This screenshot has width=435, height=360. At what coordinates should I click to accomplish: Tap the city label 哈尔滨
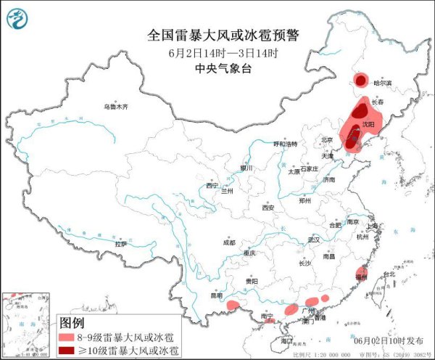tap(381, 83)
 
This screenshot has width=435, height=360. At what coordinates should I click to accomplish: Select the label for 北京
tap(327, 140)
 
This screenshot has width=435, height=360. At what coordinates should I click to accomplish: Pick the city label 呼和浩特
tap(285, 144)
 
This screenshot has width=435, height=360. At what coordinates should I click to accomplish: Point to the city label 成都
tap(229, 243)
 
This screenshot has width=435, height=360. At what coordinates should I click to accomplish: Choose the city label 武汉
tap(313, 239)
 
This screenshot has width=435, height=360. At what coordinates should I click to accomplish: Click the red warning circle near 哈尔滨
tap(360, 81)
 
